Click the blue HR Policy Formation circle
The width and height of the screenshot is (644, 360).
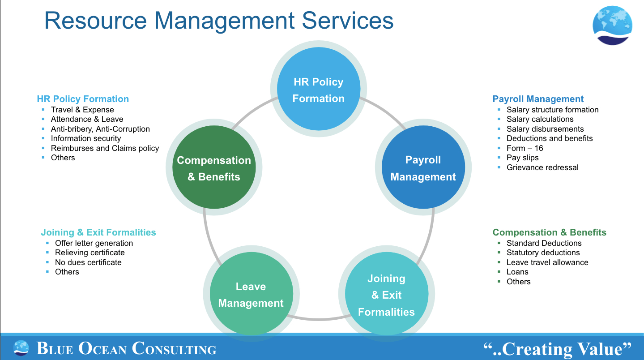point(318,90)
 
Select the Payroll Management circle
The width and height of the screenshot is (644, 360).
point(423,167)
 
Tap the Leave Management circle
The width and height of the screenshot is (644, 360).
point(251,295)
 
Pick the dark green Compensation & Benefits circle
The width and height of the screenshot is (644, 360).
point(214,167)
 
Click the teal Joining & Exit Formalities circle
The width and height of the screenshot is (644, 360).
point(386,295)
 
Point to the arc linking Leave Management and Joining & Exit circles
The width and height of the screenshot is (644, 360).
point(318,319)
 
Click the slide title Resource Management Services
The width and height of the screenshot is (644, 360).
point(219,21)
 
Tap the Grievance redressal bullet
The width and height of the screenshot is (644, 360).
point(542,167)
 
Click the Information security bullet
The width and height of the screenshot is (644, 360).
point(86,138)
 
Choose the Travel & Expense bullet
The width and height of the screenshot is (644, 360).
point(82,110)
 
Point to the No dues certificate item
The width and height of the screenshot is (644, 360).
point(88,262)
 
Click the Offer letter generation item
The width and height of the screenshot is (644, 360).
point(94,243)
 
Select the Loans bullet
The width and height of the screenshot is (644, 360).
point(517,272)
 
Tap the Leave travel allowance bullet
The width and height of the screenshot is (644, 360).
point(547,262)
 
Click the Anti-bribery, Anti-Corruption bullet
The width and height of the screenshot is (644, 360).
point(100,129)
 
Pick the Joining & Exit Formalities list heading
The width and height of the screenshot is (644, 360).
point(98,232)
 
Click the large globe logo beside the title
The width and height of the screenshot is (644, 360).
point(612,26)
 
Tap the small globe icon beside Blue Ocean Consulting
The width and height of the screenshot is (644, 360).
point(21,348)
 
